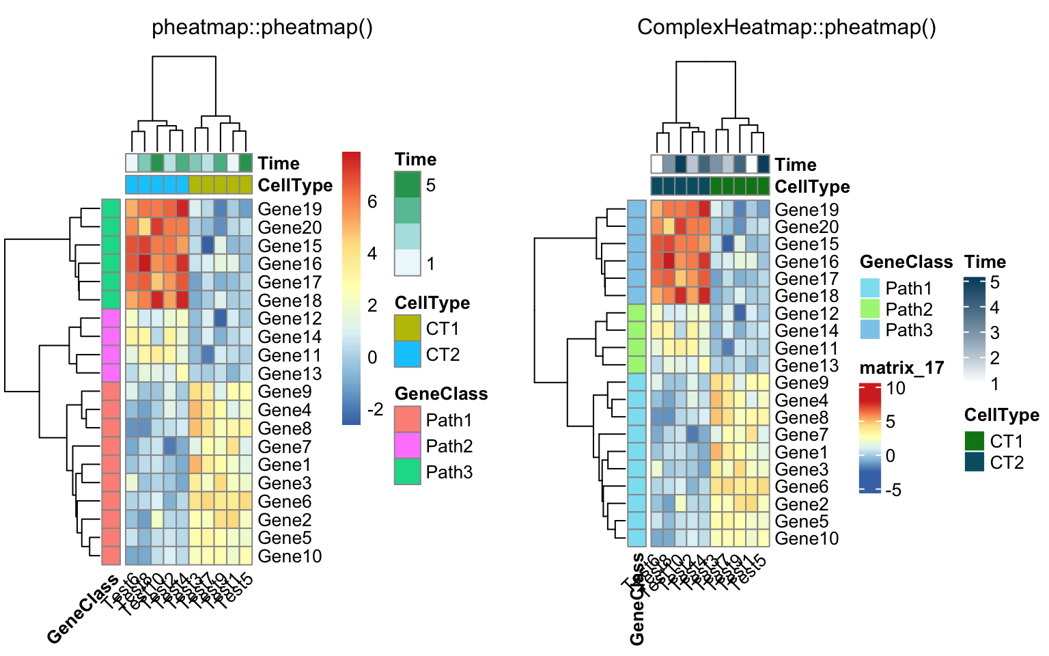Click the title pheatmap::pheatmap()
click(262, 27)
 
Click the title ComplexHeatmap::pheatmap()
click(786, 27)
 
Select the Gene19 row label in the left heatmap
click(290, 209)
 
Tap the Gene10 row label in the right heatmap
click(806, 538)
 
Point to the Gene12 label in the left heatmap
click(290, 318)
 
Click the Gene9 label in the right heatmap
click(801, 383)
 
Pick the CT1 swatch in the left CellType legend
click(408, 329)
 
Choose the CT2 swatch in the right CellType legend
click(975, 463)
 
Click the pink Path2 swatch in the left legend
click(408, 446)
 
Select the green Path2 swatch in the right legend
click(869, 309)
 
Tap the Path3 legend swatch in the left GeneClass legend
click(408, 472)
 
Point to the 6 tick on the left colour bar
click(372, 201)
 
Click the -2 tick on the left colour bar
click(375, 409)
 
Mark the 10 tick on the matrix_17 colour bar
click(895, 388)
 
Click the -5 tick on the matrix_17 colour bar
click(893, 490)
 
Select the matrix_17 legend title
click(901, 368)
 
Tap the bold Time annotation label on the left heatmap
click(279, 163)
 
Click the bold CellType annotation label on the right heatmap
click(812, 187)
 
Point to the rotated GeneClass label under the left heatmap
click(83, 610)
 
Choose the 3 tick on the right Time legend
click(994, 333)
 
